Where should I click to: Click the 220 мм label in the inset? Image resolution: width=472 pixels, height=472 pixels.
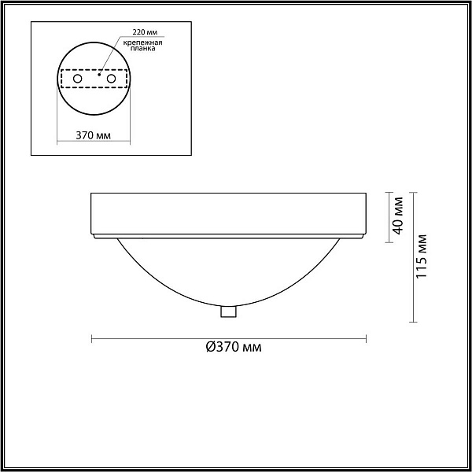pos(145,32)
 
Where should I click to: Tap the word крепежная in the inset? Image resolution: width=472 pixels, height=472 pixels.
pos(143,42)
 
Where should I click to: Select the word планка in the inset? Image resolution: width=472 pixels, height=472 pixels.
pos(143,49)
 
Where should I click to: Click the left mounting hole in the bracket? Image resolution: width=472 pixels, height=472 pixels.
pos(77,79)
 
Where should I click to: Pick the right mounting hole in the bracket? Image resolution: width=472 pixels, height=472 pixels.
pos(111,79)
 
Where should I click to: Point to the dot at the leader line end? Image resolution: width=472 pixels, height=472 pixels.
pos(99,75)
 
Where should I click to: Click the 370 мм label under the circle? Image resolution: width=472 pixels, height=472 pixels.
pos(93,135)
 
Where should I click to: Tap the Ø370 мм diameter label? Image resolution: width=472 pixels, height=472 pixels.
pos(234,347)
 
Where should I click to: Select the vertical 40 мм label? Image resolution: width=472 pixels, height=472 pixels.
pos(398,216)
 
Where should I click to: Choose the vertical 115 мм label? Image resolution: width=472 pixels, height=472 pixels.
pos(421,256)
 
